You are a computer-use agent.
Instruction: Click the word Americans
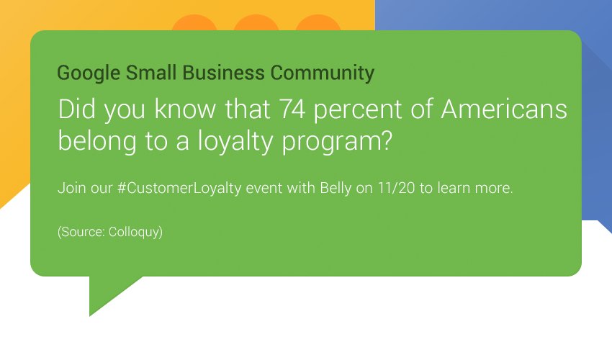(x=503, y=110)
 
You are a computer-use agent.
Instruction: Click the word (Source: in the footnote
(x=80, y=233)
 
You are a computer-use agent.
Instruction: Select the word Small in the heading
(x=151, y=73)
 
